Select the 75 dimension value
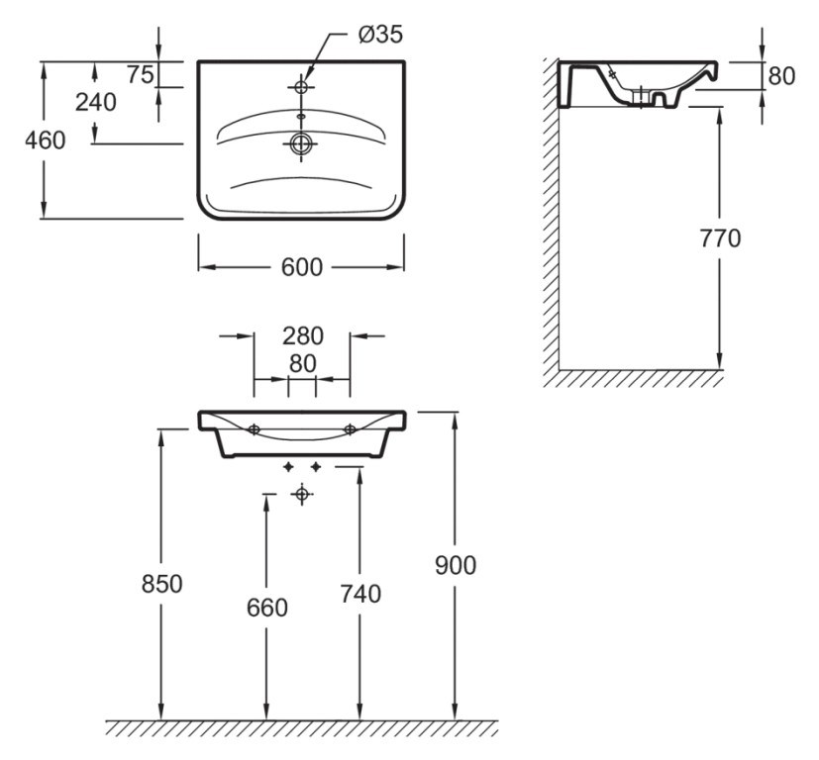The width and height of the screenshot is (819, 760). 138,75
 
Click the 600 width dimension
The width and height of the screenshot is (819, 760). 301,267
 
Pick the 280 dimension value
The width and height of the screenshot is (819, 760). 301,336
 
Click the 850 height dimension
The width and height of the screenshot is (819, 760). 160,584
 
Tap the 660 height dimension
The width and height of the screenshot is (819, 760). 266,608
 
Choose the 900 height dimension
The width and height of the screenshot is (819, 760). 455,565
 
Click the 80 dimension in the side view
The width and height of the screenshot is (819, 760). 781,76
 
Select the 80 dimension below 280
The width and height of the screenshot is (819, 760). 302,363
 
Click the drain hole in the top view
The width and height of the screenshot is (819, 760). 301,144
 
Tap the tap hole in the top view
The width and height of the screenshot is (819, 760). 301,87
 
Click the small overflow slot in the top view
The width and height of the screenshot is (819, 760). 301,117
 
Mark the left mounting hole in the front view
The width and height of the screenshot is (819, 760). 254,429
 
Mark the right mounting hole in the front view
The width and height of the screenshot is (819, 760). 350,429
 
